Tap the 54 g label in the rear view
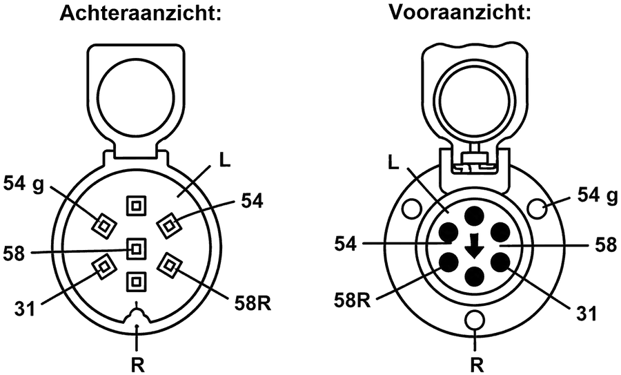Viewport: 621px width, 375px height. point(24,184)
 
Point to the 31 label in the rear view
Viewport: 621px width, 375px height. point(25,309)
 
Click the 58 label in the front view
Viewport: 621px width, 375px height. point(606,245)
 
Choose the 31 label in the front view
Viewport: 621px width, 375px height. point(586,314)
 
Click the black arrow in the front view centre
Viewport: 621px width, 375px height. point(474,246)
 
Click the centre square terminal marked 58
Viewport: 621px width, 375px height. point(136,249)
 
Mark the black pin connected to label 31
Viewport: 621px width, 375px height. point(500,263)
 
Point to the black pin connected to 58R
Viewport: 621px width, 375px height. point(448,263)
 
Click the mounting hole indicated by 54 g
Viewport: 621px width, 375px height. point(538,207)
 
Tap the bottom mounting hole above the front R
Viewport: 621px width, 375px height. point(475,320)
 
